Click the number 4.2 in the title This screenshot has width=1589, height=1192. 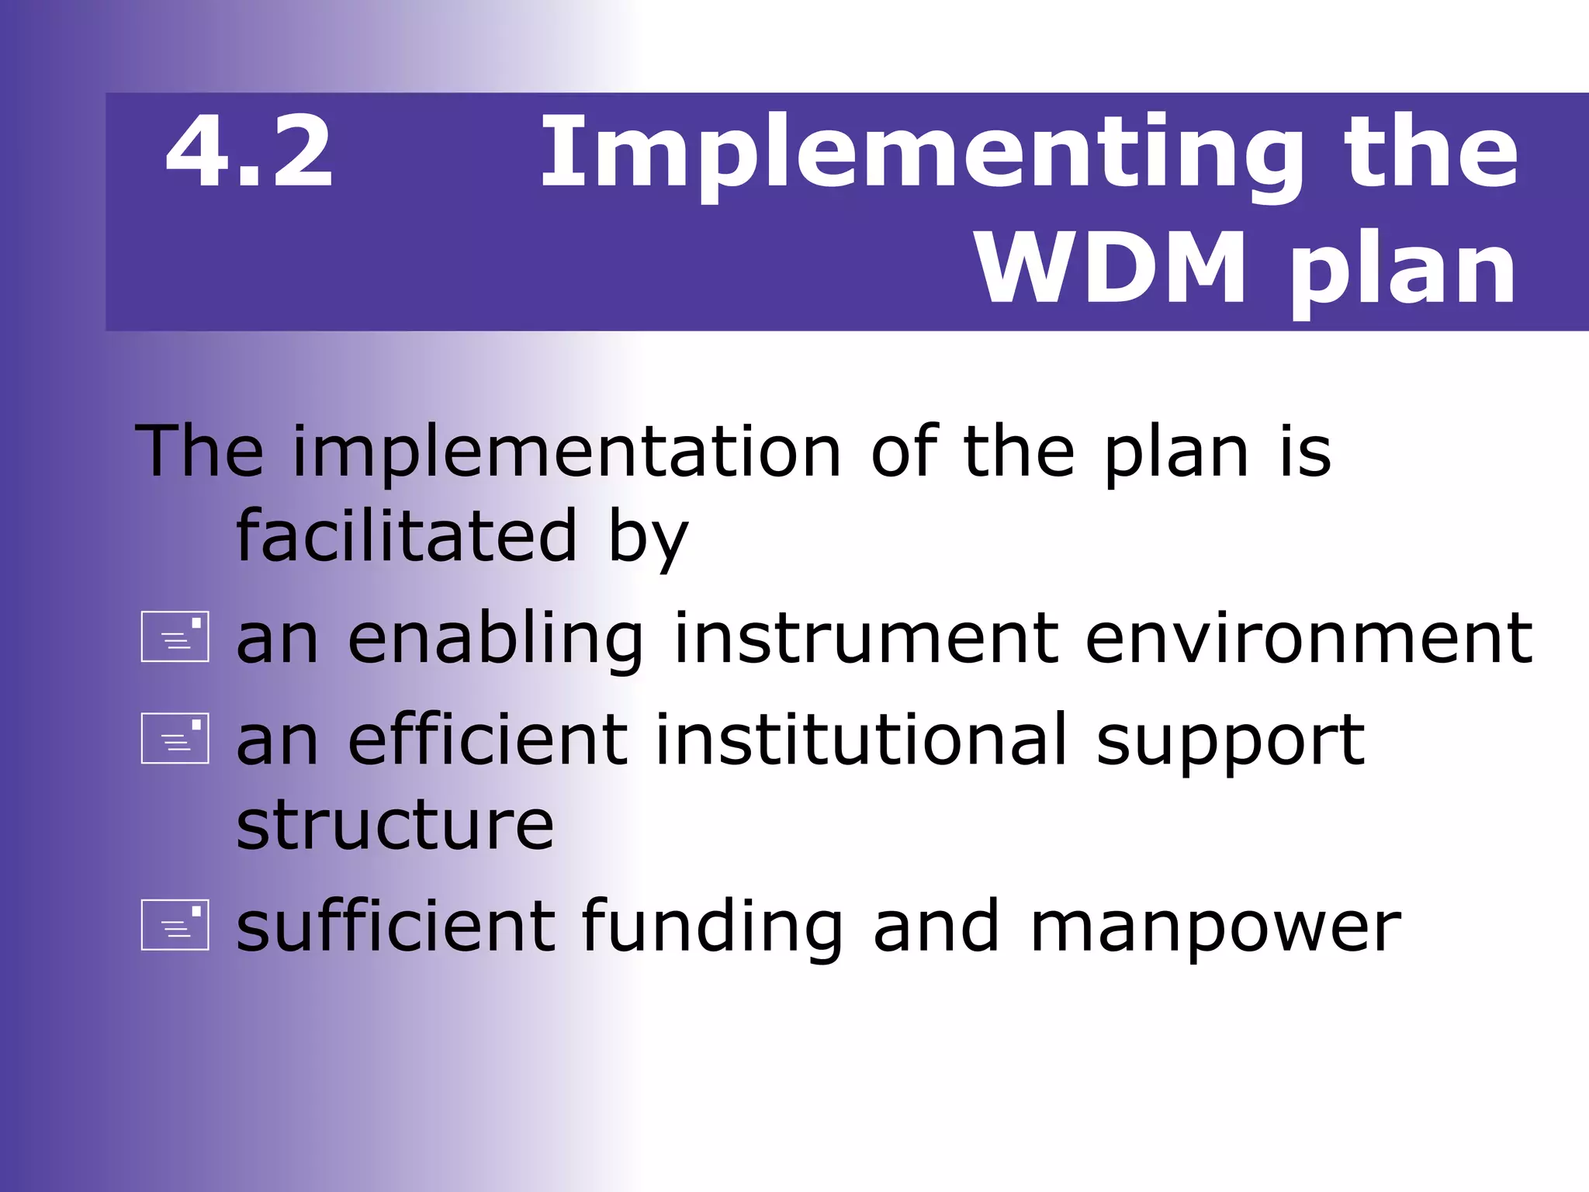[249, 151]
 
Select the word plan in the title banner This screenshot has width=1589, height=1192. [1403, 272]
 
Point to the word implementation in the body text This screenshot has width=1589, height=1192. [566, 454]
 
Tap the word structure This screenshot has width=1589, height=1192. [395, 825]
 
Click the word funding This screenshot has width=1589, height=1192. [712, 927]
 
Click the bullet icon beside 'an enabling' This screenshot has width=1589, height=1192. [175, 636]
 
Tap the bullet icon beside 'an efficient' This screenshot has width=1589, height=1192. [175, 738]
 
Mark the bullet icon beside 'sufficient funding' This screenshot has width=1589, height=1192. [175, 925]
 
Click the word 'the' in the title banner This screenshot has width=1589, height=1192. [1431, 151]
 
